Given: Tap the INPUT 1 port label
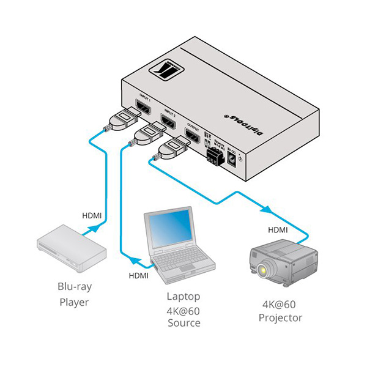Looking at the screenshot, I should tap(144, 98).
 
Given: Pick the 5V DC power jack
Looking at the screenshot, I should tap(234, 160).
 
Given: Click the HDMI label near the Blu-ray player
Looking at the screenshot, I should tap(92, 215).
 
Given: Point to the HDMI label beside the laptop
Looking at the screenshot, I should tap(138, 276).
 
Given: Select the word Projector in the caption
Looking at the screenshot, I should tap(280, 317).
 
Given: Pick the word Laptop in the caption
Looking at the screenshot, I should tap(183, 297).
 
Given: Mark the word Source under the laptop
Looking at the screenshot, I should tap(183, 322).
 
